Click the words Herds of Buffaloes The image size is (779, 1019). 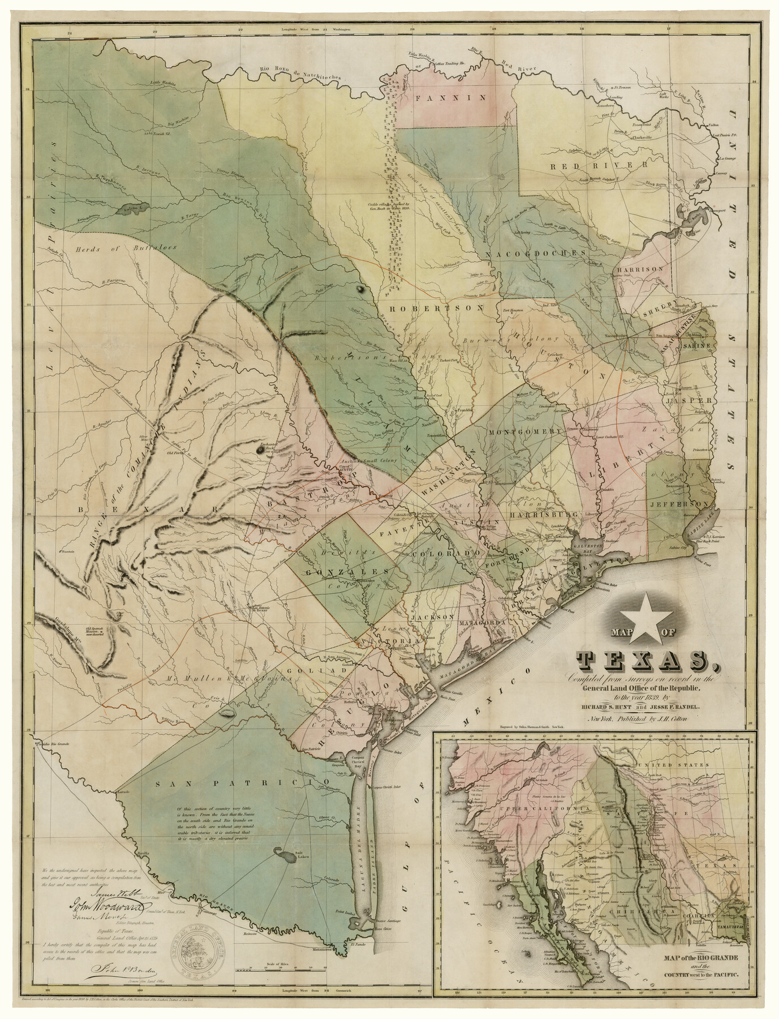(124, 247)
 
